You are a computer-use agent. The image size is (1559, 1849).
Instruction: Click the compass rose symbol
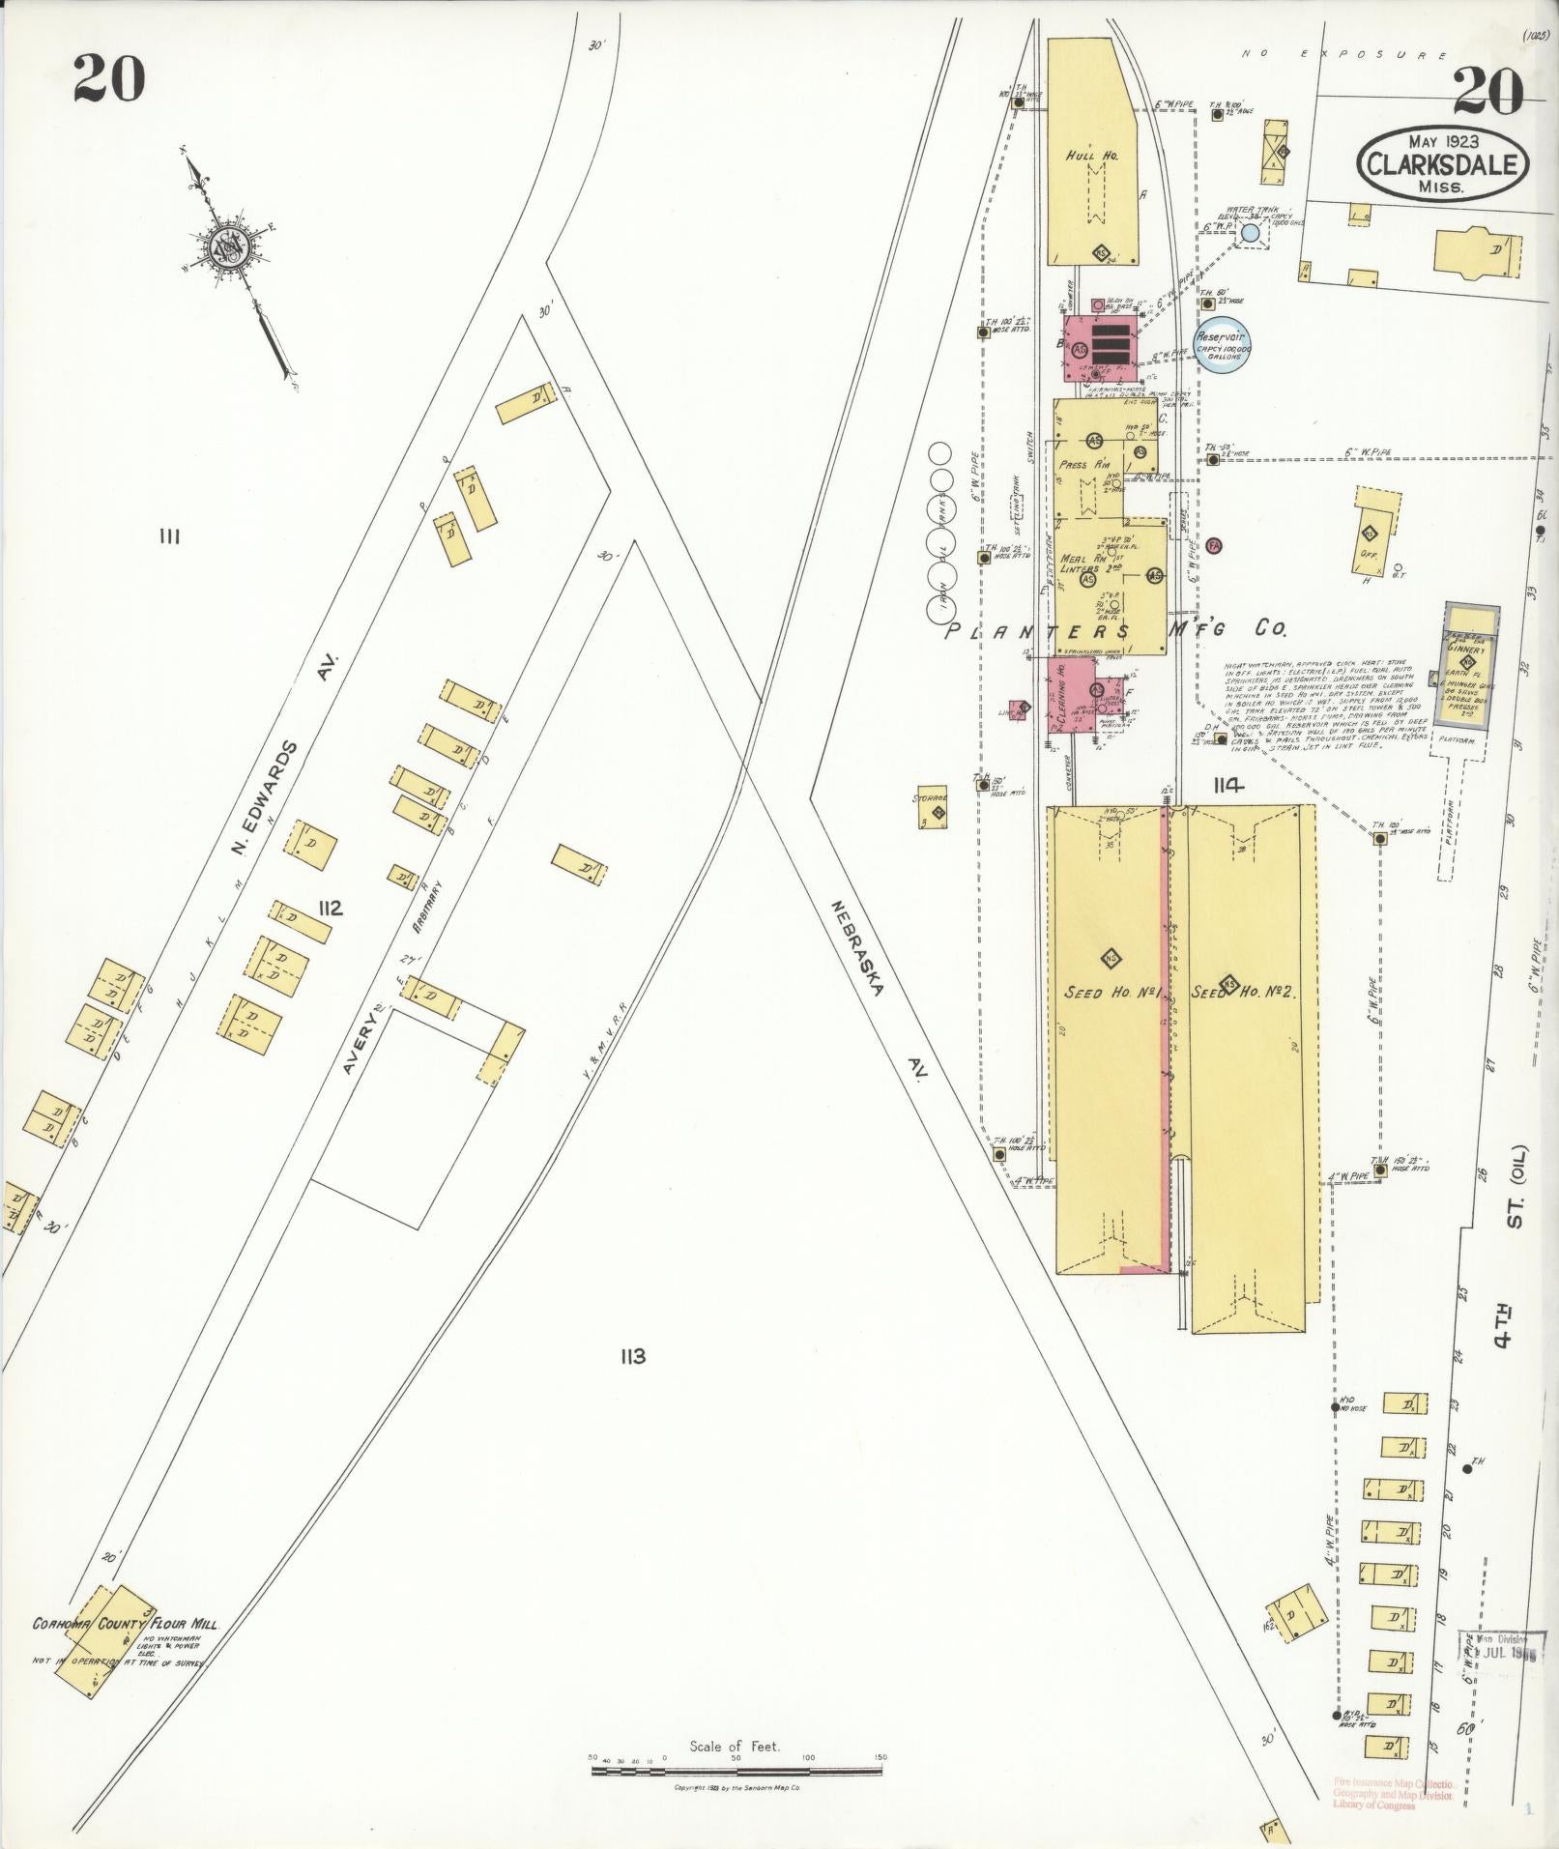click(231, 249)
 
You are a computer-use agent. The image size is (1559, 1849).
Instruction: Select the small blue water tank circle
click(1250, 233)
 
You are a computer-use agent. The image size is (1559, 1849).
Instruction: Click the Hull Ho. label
click(1092, 155)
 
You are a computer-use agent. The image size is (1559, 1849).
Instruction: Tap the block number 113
click(633, 1356)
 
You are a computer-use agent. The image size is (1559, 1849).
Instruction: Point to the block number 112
click(332, 908)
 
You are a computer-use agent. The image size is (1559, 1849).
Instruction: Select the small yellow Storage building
click(933, 805)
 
